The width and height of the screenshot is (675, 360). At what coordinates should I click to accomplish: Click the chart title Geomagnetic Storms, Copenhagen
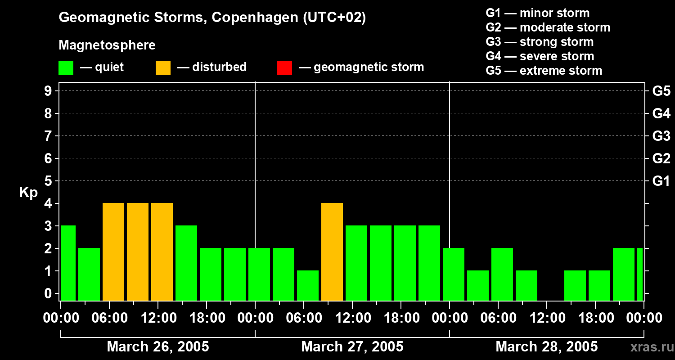coord(212,18)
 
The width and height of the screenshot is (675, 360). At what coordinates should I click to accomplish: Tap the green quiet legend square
coord(66,67)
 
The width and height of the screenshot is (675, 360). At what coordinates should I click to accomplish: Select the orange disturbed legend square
coord(163,67)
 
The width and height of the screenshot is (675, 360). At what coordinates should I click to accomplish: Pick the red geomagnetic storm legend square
coord(284,67)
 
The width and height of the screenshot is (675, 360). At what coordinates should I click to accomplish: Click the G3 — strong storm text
coord(540,42)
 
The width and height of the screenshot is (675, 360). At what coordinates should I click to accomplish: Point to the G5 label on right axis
coord(661,91)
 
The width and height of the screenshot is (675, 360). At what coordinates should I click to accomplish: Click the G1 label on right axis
coord(661,181)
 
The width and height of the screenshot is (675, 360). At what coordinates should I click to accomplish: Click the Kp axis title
coord(28,193)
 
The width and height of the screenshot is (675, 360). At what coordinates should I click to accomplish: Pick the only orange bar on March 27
coord(332,252)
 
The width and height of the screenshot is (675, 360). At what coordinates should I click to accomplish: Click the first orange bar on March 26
coord(113,252)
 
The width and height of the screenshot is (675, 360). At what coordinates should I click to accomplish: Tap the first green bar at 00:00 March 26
coord(68,263)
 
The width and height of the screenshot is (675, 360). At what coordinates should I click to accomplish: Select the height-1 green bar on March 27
coord(308,285)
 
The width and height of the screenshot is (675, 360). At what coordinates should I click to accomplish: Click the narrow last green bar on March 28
coord(640,274)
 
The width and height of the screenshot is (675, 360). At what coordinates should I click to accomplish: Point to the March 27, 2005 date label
coord(352,347)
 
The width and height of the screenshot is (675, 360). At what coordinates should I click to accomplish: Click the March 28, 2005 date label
coord(547,347)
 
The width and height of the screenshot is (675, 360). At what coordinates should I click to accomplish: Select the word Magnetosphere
coord(107,45)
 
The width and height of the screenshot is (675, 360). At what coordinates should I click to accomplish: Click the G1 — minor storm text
coord(538,13)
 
